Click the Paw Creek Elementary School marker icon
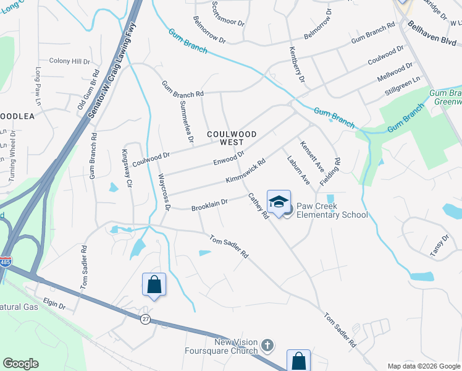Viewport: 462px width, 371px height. click(279, 202)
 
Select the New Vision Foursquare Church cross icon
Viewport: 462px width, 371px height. click(267, 344)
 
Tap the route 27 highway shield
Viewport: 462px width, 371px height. click(146, 319)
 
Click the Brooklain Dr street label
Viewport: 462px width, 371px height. click(209, 203)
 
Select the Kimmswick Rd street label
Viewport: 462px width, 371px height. click(245, 171)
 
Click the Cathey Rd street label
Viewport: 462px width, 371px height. click(259, 206)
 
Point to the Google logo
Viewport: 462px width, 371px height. click(21, 364)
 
